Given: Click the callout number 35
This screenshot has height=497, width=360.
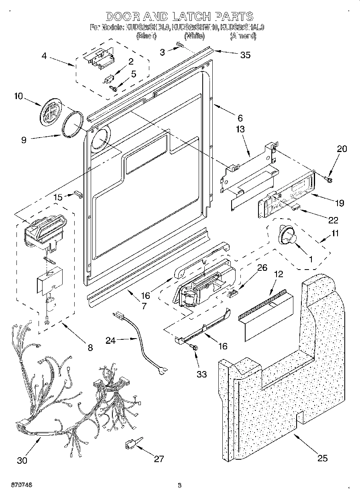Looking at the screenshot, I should pos(245,55).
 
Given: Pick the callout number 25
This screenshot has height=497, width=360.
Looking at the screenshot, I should pos(322,458).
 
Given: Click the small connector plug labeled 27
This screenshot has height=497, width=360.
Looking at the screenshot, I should pos(131,443).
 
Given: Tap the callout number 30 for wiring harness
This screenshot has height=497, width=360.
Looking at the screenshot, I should pos(22,460).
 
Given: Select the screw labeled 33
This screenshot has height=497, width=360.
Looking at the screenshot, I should pos(195,350).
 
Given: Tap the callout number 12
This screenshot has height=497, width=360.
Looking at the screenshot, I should pos(278,274).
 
